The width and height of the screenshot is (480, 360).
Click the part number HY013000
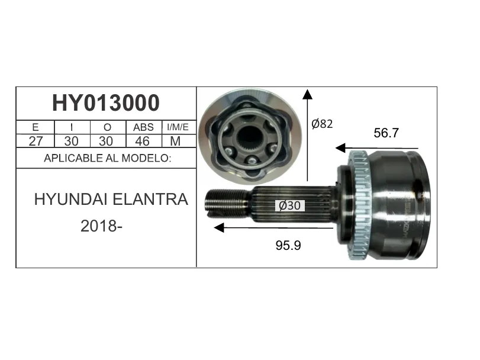106,103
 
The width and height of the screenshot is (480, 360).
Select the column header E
35,127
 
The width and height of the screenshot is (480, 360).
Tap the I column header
72,127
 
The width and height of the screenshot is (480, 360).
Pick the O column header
107,127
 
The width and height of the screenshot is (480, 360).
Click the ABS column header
143,127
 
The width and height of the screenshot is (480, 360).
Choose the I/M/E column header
178,127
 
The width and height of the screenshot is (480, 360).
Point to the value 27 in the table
36,141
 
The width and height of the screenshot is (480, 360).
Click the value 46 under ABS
143,141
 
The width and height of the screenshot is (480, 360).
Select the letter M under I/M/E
175,141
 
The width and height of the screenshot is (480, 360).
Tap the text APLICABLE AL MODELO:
108,158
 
